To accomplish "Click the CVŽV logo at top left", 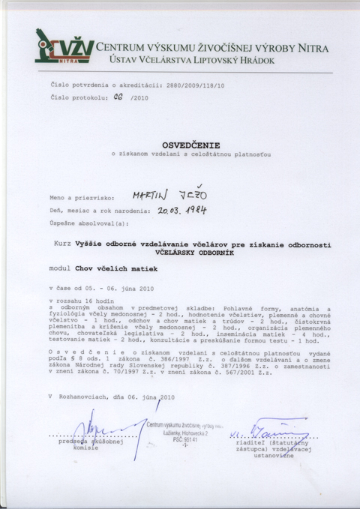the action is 64,49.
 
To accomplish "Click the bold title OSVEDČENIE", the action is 182,142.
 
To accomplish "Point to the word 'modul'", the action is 58,267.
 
